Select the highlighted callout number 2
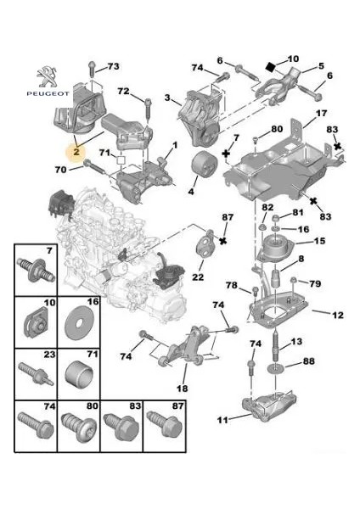point(76,152)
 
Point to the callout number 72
point(122,91)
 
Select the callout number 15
point(319,242)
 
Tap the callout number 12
point(337,316)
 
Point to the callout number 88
point(308,362)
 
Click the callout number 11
point(223,420)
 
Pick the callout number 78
point(230,283)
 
